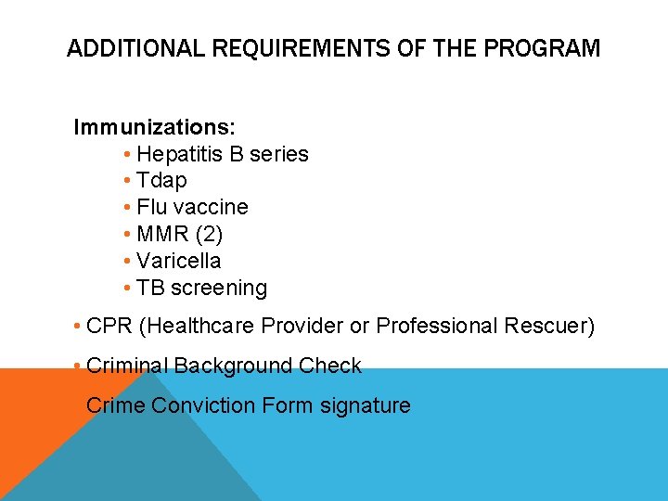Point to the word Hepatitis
[x=179, y=154]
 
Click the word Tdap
[x=161, y=180]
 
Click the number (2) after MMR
[x=207, y=234]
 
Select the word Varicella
[x=178, y=261]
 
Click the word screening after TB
[x=216, y=289]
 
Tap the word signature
[x=365, y=405]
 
